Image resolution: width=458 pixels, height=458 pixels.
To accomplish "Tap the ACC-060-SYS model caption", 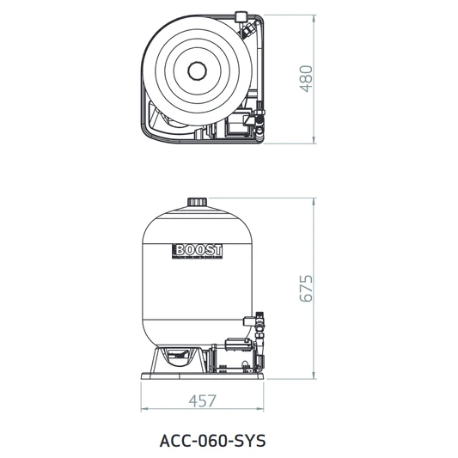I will pyautogui.click(x=213, y=438).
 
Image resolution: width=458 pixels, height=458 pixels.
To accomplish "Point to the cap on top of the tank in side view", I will pyautogui.click(x=199, y=203).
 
